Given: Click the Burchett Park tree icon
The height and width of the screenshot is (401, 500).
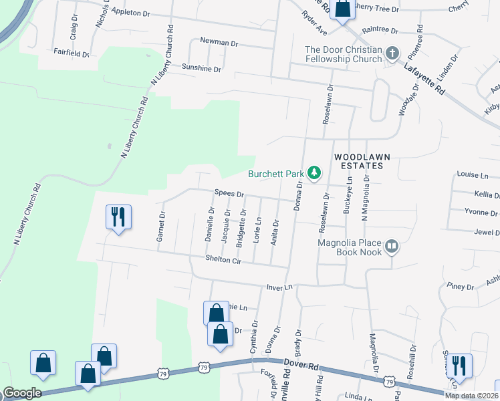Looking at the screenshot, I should click(x=314, y=174).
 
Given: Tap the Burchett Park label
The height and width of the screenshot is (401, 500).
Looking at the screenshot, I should click(x=276, y=174).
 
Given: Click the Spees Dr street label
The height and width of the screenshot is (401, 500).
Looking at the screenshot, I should click(x=229, y=193).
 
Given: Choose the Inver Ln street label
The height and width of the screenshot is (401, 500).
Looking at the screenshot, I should click(x=279, y=287).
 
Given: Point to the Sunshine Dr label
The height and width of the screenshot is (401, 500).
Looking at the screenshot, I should click(x=201, y=68).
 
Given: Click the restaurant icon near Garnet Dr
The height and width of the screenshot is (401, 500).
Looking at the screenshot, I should click(x=118, y=217).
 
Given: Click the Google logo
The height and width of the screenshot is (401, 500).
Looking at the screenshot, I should click(x=21, y=393).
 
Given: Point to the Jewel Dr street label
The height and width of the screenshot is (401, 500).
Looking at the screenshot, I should click(x=486, y=232).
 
